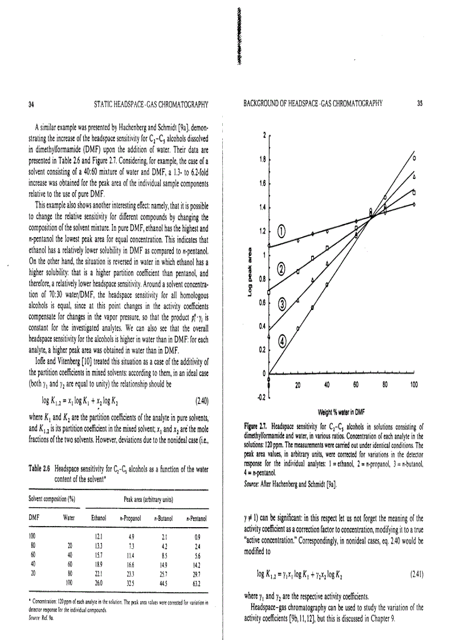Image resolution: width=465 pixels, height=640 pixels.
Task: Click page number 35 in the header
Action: [x=419, y=103]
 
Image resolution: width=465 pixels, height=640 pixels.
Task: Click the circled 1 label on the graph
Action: [x=282, y=231]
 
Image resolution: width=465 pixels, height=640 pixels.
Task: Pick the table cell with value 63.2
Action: [x=198, y=584]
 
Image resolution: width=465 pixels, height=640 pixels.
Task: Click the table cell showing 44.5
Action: [x=166, y=584]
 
